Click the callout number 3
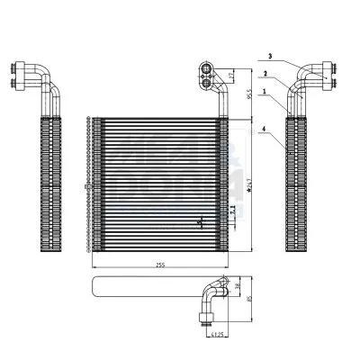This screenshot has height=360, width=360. pyautogui.click(x=269, y=58)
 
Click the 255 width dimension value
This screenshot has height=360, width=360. pyautogui.click(x=158, y=264)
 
